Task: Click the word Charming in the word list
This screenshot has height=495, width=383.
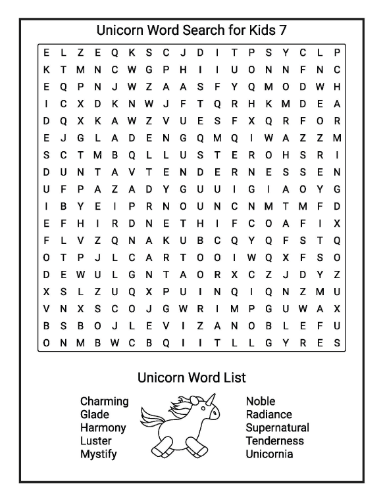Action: [x=104, y=401]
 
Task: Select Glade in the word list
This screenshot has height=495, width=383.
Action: [x=94, y=414]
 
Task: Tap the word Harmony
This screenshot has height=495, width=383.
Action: [x=103, y=428]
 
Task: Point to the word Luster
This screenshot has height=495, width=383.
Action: [x=96, y=441]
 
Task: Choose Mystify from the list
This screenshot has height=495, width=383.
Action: [x=99, y=454]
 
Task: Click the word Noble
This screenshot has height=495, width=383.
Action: [x=261, y=401]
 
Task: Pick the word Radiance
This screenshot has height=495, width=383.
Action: [x=270, y=414]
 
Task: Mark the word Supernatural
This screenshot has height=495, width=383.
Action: [x=277, y=428]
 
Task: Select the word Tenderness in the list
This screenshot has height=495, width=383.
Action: [x=274, y=441]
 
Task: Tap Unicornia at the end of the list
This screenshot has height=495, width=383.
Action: [x=269, y=454]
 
